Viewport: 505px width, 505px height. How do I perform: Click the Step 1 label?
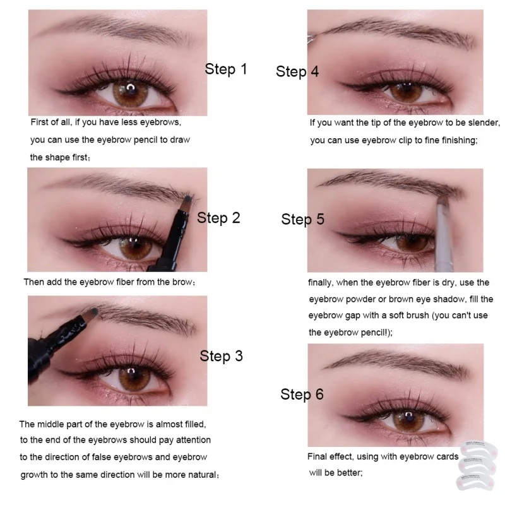click(x=226, y=69)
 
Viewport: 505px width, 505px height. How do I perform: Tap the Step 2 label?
click(x=218, y=218)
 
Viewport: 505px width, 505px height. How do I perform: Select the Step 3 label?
click(x=221, y=356)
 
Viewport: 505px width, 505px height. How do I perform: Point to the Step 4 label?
click(x=297, y=71)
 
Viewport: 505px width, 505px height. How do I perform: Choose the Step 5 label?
click(x=302, y=219)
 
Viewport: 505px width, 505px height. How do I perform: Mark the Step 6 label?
click(x=302, y=395)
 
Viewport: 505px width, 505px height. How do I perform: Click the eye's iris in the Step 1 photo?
click(x=131, y=93)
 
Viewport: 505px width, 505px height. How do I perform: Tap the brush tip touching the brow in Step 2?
click(x=187, y=200)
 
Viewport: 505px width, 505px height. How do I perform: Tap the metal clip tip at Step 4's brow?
click(x=311, y=39)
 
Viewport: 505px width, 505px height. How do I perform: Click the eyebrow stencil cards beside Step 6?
click(x=477, y=465)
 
